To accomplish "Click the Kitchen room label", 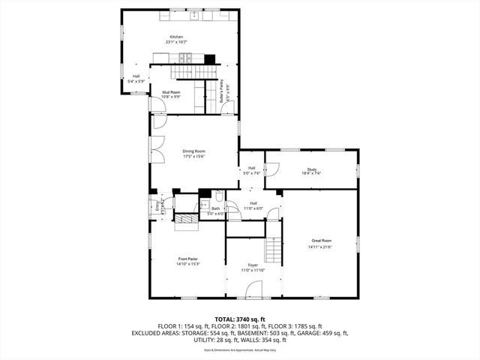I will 176,37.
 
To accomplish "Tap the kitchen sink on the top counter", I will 193,14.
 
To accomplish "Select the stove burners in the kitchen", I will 189,57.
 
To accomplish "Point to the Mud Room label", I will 171,92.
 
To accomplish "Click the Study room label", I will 312,169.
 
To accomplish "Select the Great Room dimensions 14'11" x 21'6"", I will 319,247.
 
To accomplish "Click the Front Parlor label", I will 187,259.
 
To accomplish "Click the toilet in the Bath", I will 218,196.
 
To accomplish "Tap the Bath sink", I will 204,203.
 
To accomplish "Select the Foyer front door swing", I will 255,288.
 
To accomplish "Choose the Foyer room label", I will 253,265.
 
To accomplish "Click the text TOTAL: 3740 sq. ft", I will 239,319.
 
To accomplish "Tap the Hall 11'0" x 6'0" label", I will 253,206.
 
